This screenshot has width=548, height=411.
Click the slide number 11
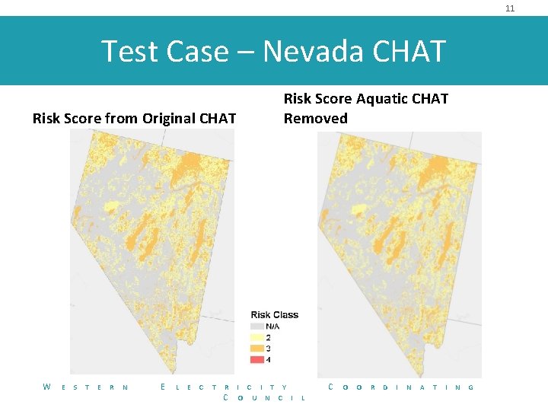pos(510,8)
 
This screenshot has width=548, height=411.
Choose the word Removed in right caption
pos(315,119)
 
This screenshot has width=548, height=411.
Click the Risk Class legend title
pos(274,315)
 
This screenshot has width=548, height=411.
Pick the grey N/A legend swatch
pos(256,326)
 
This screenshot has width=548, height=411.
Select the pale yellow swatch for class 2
pos(256,337)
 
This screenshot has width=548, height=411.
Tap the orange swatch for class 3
pos(256,348)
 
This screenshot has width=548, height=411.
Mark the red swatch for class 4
pos(256,358)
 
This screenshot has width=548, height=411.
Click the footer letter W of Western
pos(47,387)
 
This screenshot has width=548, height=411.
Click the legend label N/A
pos(272,327)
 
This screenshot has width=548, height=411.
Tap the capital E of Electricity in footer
pos(164,387)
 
